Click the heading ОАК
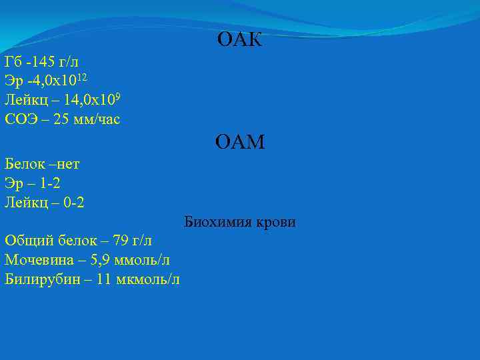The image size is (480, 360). coord(240,41)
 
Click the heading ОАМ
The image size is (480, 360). coord(240,142)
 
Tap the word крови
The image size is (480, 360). coord(274,222)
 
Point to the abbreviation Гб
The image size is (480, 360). coord(13,63)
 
